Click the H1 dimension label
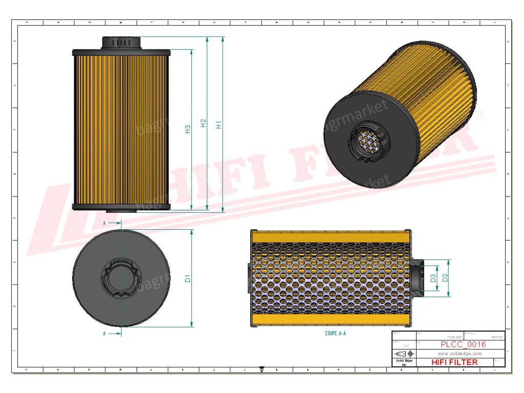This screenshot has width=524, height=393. [219, 124]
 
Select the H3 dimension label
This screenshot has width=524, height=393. [188, 129]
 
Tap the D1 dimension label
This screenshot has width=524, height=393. [188, 278]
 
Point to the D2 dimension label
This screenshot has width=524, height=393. [445, 277]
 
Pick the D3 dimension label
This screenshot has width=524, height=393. [433, 278]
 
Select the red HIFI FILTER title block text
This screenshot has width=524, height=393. [454, 362]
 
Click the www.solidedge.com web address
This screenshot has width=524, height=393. [460, 354]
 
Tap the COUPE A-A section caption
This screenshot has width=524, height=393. [335, 333]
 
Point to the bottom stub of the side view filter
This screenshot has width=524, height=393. [121, 211]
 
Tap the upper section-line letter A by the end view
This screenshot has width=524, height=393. [104, 223]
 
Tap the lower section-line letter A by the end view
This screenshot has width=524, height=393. [104, 334]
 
